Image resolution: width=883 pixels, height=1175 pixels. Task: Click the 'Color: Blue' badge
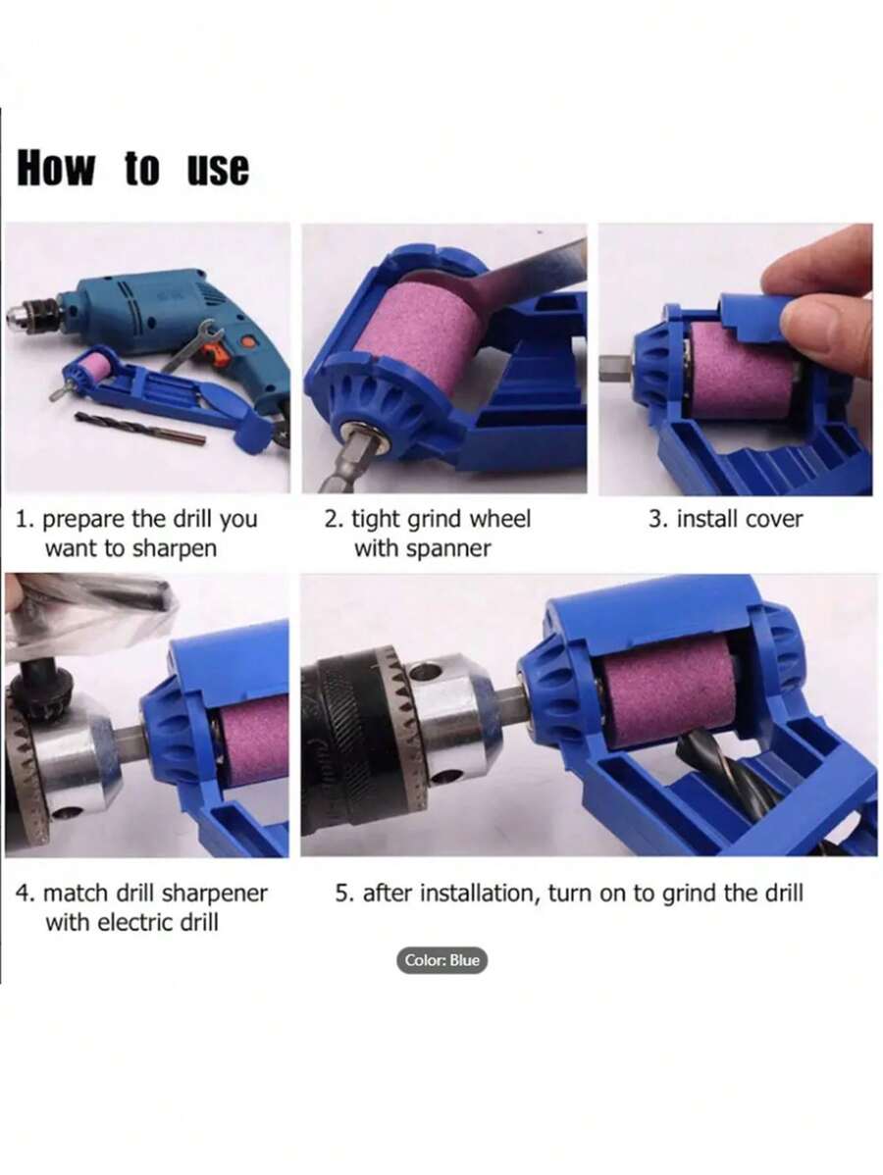[443, 960]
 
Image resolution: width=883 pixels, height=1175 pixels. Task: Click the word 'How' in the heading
[56, 169]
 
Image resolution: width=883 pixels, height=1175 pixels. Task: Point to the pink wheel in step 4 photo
[253, 741]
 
